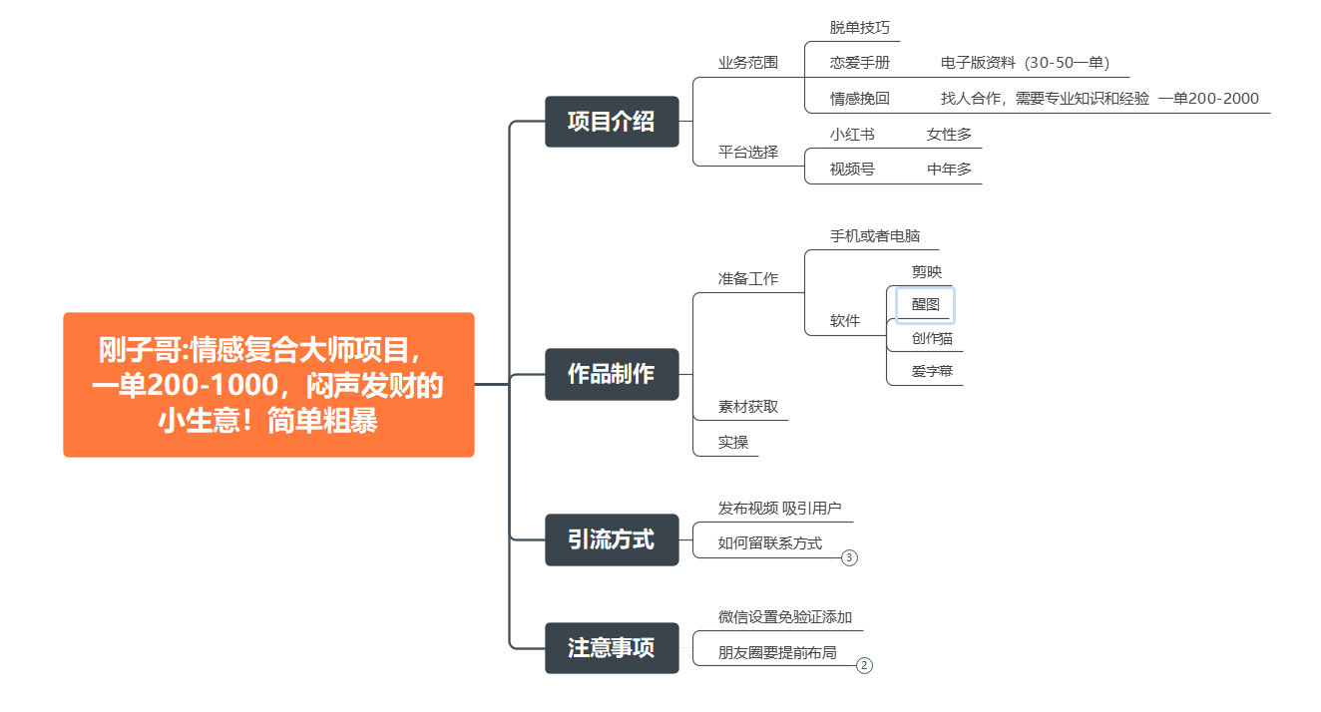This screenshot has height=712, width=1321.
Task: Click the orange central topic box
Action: (268, 385)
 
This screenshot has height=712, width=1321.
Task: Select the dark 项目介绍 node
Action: (612, 122)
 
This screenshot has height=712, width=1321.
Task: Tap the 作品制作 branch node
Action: (612, 374)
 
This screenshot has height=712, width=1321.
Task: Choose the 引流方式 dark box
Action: (612, 539)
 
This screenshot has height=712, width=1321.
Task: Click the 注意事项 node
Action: (612, 648)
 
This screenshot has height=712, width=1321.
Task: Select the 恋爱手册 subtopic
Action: (859, 62)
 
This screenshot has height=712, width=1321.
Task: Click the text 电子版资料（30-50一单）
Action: (1025, 62)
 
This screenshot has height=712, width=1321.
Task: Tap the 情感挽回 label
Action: (859, 98)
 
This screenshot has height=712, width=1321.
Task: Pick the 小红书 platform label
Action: (852, 134)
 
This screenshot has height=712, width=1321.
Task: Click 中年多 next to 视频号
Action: (949, 169)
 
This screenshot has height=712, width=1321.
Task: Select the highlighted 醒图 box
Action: (925, 304)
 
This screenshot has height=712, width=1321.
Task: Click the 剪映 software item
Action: (926, 271)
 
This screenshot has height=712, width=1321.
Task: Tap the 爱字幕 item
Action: (932, 372)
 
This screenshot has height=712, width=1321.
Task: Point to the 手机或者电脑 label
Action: (875, 236)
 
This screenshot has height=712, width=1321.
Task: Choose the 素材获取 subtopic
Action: (748, 407)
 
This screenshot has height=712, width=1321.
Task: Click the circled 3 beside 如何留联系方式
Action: (849, 557)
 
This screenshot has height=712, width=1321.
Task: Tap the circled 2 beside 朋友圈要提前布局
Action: (864, 665)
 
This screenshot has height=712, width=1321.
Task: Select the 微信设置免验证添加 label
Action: (785, 617)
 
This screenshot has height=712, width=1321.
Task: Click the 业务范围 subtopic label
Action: (748, 62)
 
